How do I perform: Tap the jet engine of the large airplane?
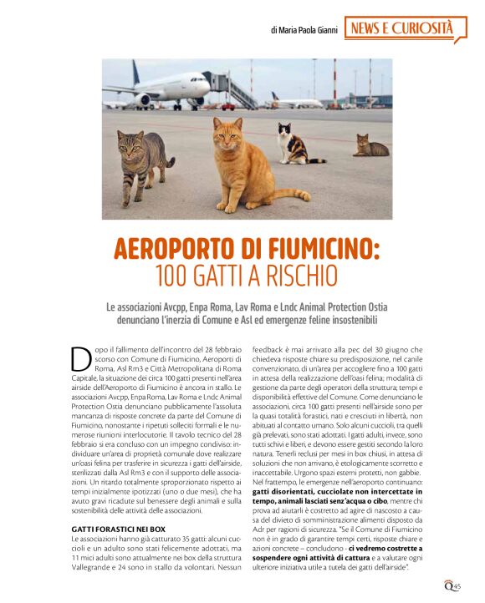coord(144,99)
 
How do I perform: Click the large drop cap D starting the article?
coord(81,357)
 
